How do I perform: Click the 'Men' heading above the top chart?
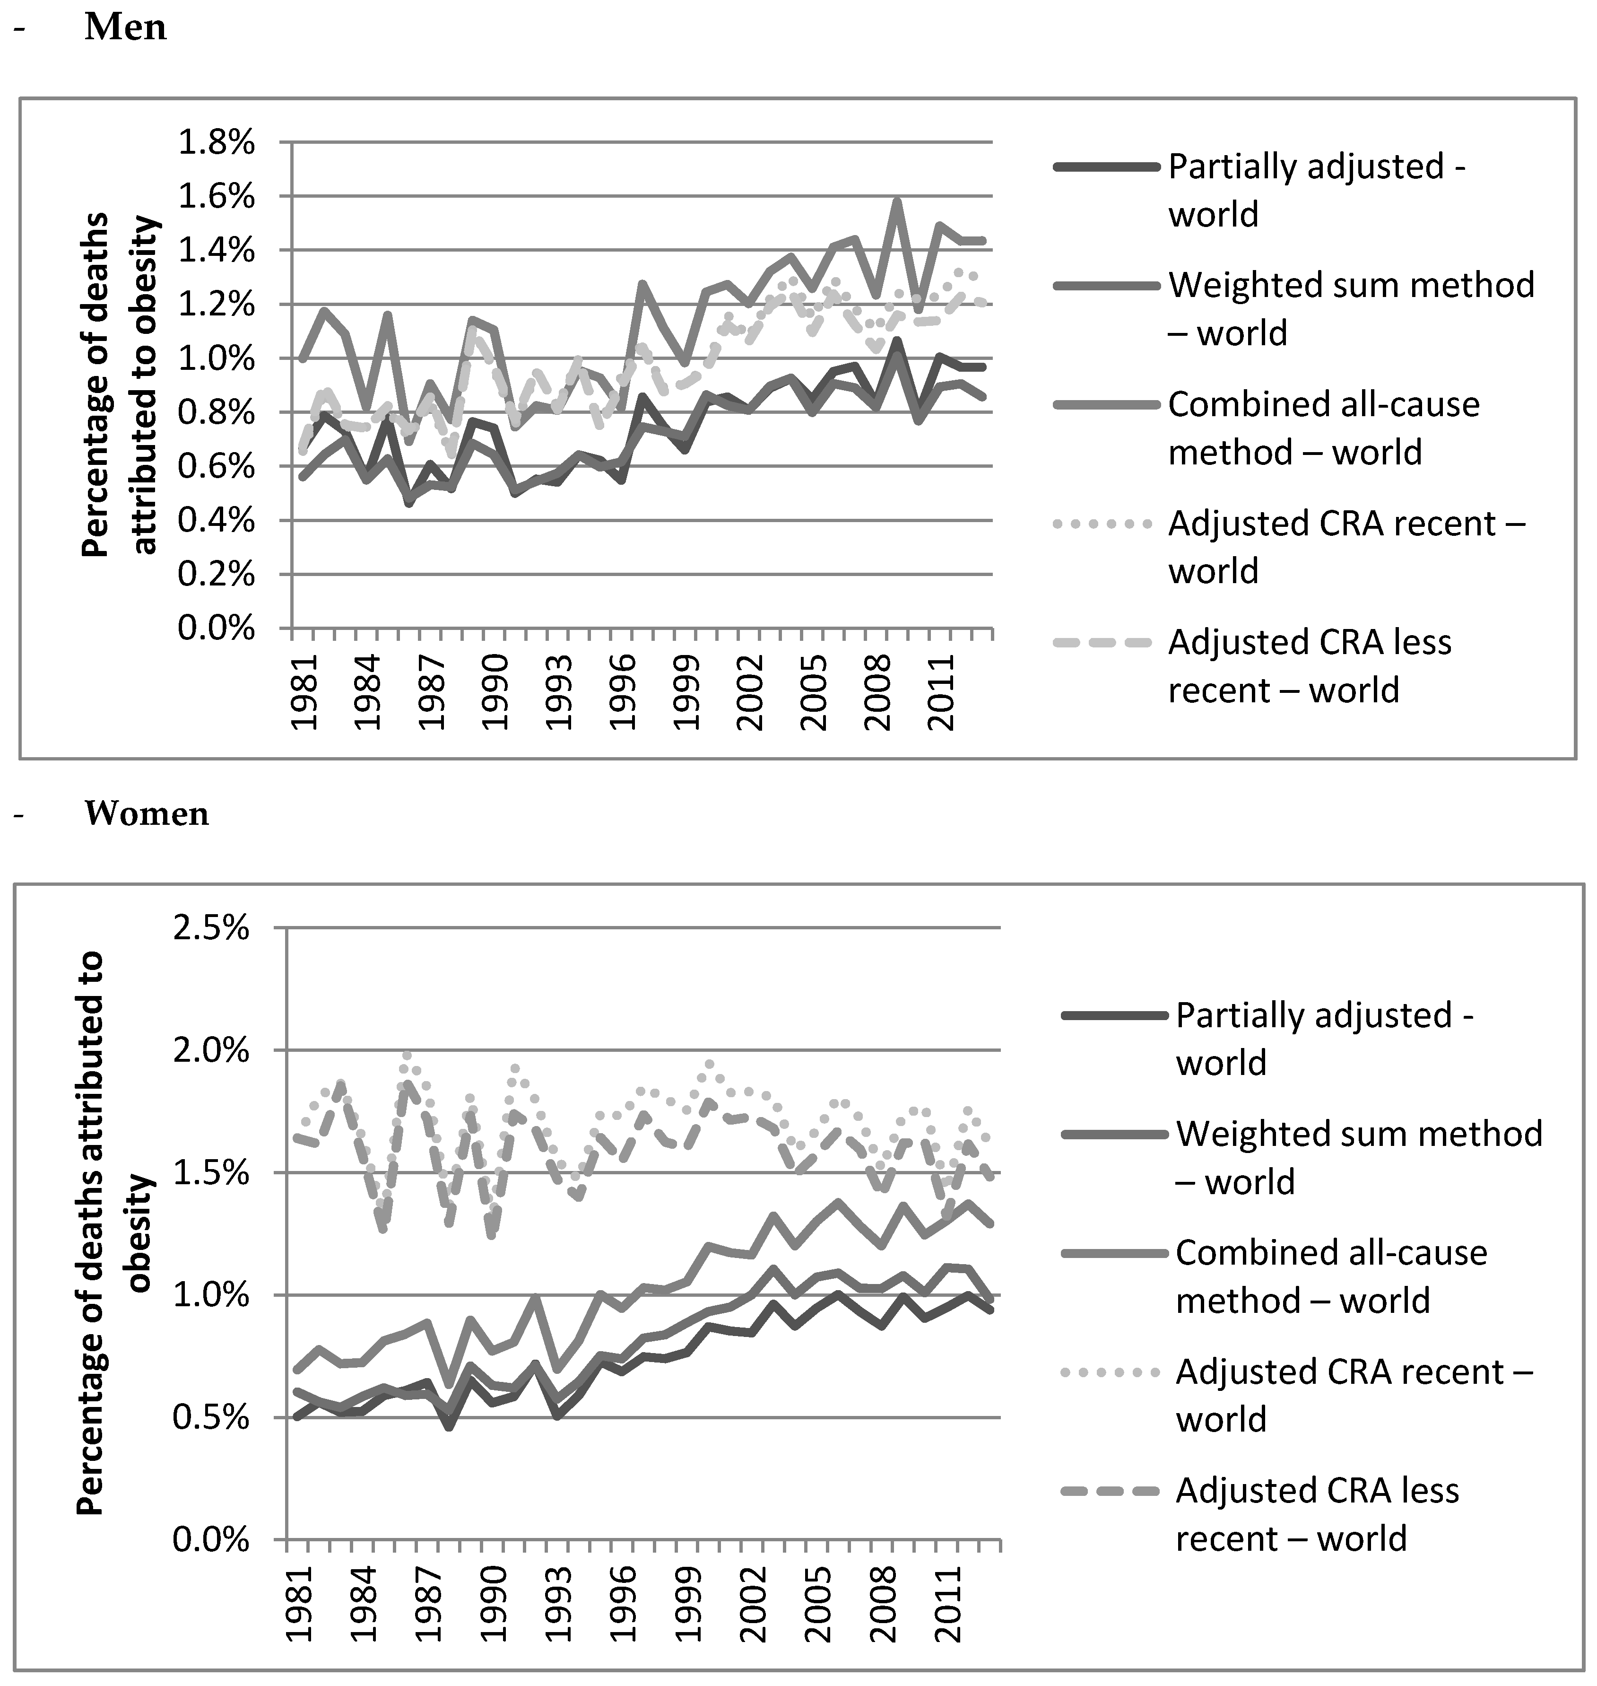(125, 27)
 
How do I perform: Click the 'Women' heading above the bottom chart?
(147, 814)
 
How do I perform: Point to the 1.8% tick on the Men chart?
(216, 143)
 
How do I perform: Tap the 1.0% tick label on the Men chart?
(216, 359)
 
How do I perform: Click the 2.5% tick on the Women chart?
(211, 928)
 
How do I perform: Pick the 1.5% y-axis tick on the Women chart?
(211, 1173)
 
